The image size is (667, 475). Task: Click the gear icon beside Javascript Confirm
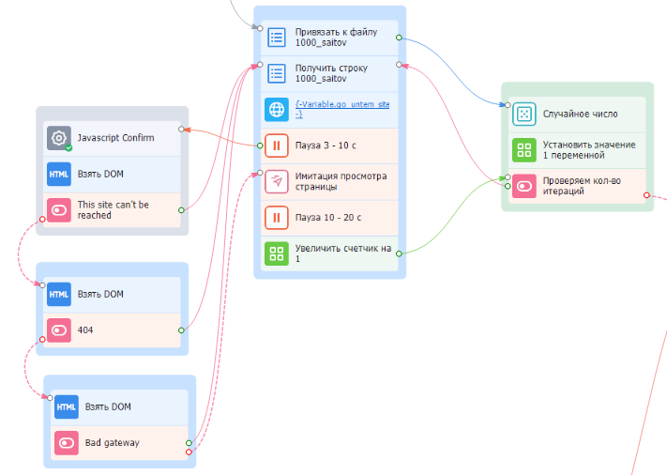[x=59, y=138]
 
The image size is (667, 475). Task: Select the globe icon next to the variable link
[x=277, y=110]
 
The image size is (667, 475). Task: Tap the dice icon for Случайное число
[x=524, y=115]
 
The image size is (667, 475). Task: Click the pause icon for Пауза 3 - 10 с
[x=277, y=146]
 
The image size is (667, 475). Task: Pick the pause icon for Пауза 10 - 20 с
[x=277, y=218]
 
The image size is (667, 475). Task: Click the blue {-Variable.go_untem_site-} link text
[x=342, y=109]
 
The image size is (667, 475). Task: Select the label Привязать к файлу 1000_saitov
[x=336, y=38]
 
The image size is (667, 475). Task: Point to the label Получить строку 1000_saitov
[x=331, y=73]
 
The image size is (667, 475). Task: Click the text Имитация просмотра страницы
[x=341, y=181]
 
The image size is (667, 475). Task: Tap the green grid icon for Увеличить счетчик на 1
[x=277, y=253]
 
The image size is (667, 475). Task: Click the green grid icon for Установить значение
[x=524, y=150]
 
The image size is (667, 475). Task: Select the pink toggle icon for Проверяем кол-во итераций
[x=524, y=186]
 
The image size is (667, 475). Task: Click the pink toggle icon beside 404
[x=59, y=330]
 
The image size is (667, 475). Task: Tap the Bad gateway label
[x=113, y=443]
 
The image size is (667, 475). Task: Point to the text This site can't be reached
[x=114, y=210]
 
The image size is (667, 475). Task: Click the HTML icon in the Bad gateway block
[x=67, y=406]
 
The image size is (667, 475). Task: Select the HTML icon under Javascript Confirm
[x=59, y=174]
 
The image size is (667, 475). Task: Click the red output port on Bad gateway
[x=189, y=452]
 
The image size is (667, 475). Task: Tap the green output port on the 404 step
[x=181, y=330]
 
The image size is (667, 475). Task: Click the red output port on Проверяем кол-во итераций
[x=646, y=195]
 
